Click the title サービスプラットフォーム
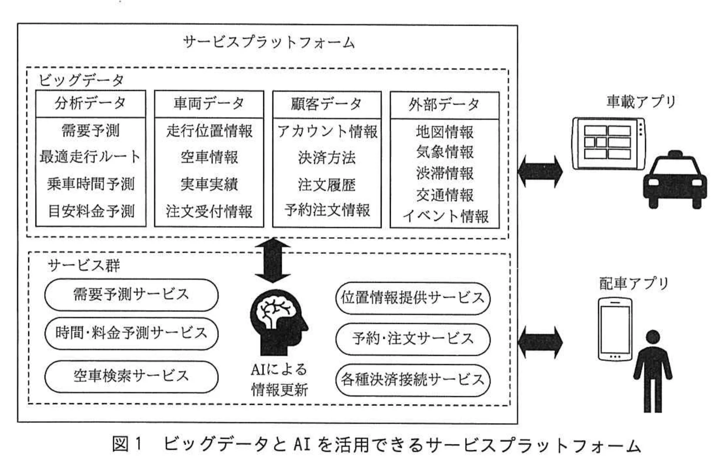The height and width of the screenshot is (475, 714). click(x=268, y=42)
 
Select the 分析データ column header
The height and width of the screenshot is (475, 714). click(x=91, y=104)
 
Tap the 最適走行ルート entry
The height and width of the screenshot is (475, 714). click(x=91, y=157)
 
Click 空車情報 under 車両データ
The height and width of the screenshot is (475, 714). click(x=209, y=157)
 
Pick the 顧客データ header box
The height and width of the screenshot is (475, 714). click(x=327, y=104)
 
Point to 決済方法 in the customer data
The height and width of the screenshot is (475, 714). click(x=327, y=157)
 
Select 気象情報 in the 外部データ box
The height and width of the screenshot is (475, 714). click(x=445, y=152)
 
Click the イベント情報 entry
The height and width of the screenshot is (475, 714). click(x=445, y=216)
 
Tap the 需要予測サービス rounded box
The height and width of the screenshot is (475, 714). click(x=131, y=294)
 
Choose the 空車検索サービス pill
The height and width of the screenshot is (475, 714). click(x=131, y=376)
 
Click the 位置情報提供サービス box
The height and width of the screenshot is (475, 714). click(x=412, y=298)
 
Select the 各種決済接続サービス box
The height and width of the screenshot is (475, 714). click(x=412, y=380)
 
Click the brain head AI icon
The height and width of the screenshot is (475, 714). click(x=278, y=322)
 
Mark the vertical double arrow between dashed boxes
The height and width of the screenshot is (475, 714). click(x=273, y=260)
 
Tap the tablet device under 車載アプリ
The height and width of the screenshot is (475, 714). click(x=608, y=143)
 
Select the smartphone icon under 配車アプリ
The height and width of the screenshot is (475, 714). click(x=615, y=329)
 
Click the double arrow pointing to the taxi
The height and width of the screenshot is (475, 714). click(x=540, y=171)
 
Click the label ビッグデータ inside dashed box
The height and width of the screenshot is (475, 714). click(x=81, y=80)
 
